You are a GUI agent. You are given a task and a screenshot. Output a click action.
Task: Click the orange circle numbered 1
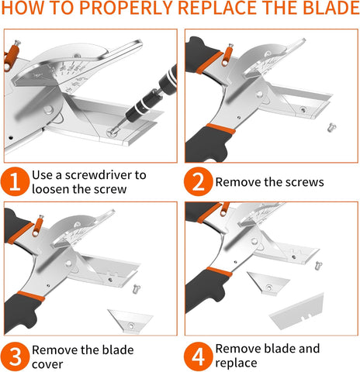15,181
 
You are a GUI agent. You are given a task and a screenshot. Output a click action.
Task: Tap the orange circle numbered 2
198,181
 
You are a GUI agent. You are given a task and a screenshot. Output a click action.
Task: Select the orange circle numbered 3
15,356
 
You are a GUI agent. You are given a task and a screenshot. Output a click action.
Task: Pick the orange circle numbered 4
198,356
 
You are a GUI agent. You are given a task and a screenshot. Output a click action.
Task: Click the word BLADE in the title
331,8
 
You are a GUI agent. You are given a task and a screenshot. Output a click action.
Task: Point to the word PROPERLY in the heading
126,8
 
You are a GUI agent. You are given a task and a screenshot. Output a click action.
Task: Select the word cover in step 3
47,364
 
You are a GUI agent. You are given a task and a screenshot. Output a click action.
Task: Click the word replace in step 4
236,363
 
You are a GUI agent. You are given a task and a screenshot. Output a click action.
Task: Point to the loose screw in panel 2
331,128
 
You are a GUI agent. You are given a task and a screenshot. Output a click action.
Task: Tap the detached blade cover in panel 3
130,321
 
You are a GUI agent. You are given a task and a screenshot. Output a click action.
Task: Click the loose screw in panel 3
136,289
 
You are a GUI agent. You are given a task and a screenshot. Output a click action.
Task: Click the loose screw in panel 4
318,265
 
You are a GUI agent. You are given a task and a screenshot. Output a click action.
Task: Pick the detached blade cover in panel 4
268,283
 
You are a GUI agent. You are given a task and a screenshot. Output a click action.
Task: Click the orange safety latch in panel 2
227,55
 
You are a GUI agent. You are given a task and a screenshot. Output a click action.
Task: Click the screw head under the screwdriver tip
111,133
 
